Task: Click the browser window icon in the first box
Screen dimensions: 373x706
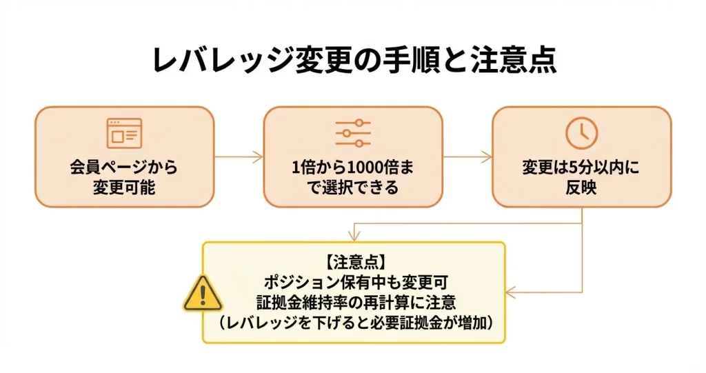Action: coord(124,133)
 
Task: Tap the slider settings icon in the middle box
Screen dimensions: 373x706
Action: coord(353,132)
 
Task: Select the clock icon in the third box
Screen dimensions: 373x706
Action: coord(581,132)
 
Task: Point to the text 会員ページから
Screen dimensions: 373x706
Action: coord(124,168)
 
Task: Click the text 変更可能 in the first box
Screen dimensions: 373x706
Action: coord(124,186)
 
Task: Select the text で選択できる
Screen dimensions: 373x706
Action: coord(353,186)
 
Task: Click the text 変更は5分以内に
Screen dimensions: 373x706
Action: coord(581,168)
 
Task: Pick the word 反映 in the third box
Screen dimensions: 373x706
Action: coord(581,186)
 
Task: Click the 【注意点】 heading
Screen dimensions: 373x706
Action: coord(353,263)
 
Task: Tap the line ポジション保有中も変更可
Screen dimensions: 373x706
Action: coord(353,282)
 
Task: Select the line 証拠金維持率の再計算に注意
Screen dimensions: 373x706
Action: coord(353,301)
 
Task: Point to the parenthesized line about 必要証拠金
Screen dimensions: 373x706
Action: coord(353,321)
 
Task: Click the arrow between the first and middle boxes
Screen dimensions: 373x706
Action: coord(239,157)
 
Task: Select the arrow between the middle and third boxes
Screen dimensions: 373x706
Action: coord(467,157)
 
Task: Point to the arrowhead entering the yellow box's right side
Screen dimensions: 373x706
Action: coord(511,292)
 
